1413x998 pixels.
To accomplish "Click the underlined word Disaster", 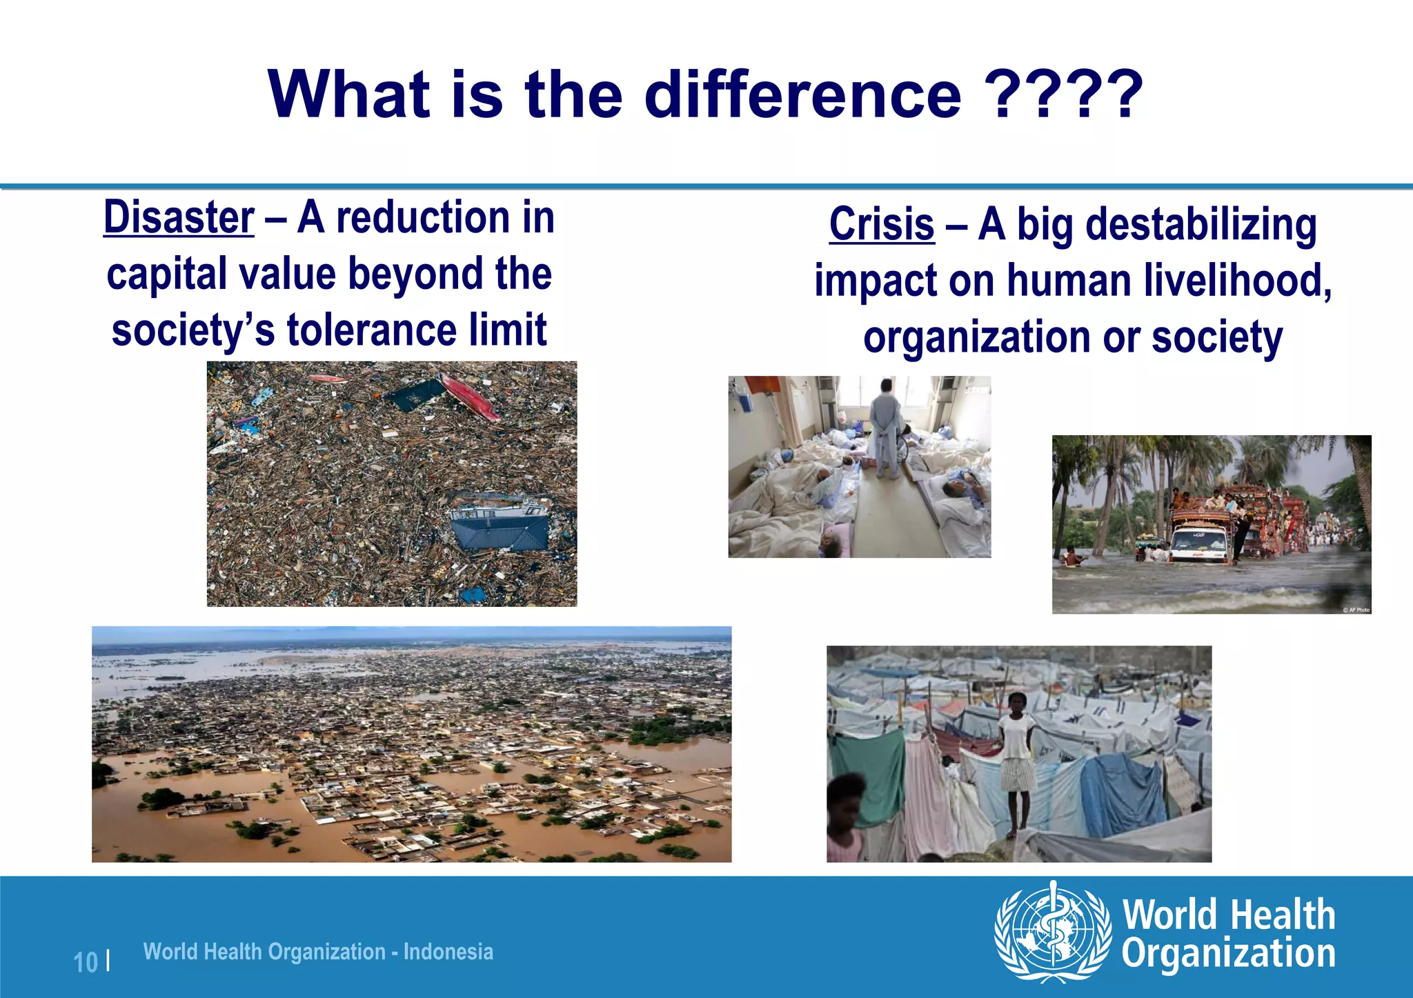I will (179, 218).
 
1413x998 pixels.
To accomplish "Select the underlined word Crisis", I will (882, 225).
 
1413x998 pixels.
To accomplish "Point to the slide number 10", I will (86, 962).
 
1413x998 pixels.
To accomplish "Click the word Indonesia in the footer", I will (448, 952).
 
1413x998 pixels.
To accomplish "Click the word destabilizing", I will (1201, 225).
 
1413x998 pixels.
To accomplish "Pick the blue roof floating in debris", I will (500, 529).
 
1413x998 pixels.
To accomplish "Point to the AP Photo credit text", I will (1356, 610).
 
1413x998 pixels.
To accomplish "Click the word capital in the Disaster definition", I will (166, 275).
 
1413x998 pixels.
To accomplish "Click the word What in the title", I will (348, 94).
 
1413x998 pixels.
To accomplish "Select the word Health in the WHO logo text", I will (1283, 915).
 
